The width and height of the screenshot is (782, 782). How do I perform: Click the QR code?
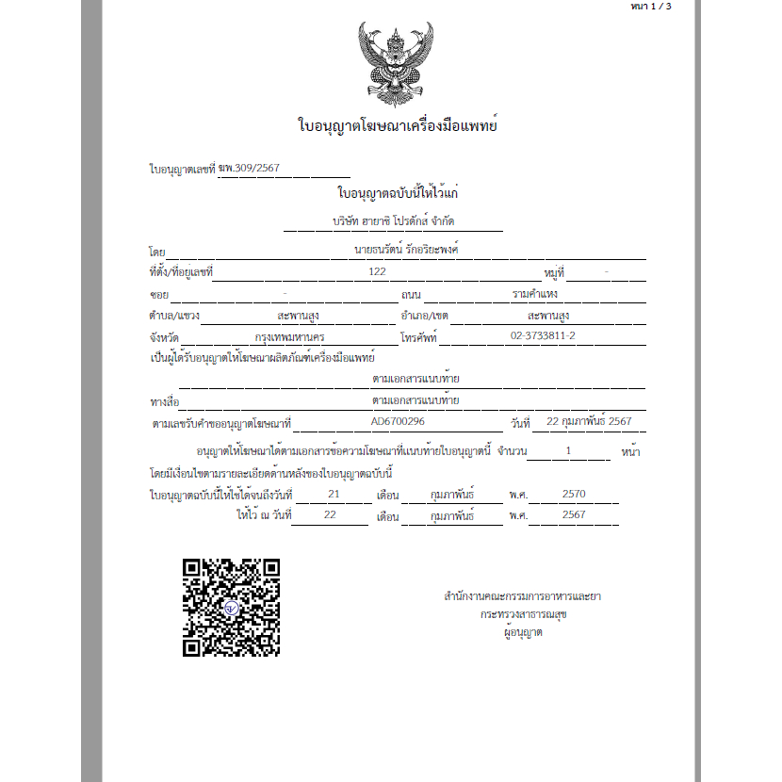coord(231,607)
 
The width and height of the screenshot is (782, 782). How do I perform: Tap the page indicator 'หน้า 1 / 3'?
coord(651,7)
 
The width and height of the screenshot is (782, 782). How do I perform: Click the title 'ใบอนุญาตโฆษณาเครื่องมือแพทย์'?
coord(397,125)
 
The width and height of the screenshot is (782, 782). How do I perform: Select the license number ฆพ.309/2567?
coord(249,169)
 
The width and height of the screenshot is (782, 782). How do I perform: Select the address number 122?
coord(378,272)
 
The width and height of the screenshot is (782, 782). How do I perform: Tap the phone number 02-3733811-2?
coord(543,336)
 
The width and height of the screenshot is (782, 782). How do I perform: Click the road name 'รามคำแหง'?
coord(535,294)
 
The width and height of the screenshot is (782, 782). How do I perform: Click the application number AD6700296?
coord(398,421)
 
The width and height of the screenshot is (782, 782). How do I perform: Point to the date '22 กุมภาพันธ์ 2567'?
coord(589,421)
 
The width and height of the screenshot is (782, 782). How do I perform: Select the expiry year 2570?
coord(573,493)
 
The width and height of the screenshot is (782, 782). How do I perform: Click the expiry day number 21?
coord(333,493)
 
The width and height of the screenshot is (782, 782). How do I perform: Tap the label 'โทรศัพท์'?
coord(418,337)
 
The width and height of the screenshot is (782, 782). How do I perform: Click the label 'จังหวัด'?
coord(165,337)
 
